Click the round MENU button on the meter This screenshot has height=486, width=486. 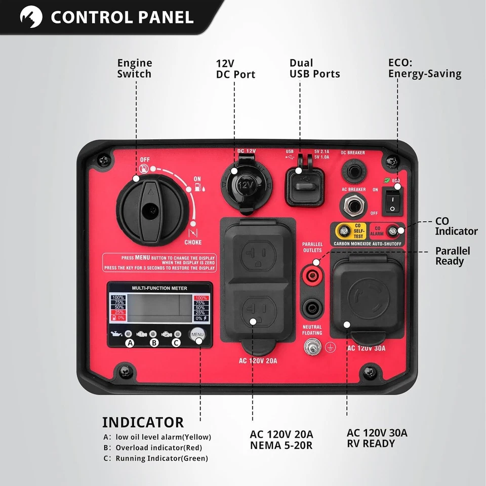point(197,335)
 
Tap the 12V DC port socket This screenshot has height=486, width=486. point(245,185)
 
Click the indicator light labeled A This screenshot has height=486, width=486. point(129,334)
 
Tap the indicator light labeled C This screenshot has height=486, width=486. point(178,334)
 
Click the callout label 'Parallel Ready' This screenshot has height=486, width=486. point(453,256)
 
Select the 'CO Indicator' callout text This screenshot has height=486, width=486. point(456,226)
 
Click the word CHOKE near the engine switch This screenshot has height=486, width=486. point(193,242)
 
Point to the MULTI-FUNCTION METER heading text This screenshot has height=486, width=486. point(159,288)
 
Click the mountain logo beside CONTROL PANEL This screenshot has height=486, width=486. point(31,18)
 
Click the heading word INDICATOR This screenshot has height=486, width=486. point(143,422)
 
